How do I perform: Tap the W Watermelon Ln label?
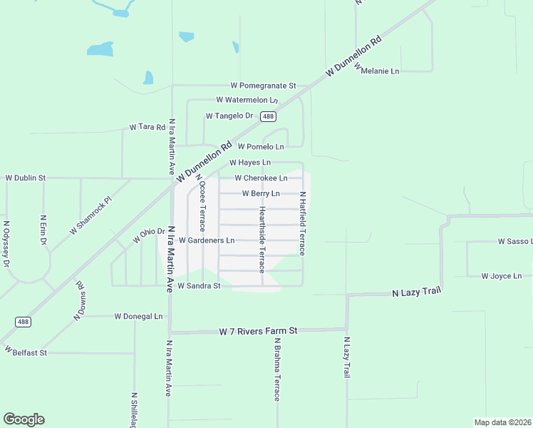247,100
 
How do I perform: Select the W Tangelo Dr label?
229,116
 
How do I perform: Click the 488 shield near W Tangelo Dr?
268,116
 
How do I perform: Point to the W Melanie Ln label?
381,71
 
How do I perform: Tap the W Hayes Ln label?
249,163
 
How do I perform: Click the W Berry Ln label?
261,193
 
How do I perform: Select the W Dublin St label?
26,178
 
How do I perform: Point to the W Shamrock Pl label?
91,216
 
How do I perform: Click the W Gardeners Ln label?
207,240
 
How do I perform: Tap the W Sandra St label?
200,286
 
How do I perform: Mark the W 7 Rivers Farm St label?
258,332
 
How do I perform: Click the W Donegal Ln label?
139,316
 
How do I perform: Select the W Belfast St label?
25,352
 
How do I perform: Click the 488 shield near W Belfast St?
23,322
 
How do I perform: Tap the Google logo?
24,419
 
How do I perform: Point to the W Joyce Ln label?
502,276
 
